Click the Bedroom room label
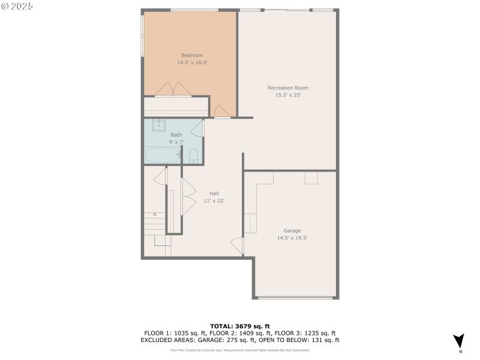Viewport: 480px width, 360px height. [x=188, y=55]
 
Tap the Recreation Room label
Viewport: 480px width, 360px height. [x=287, y=88]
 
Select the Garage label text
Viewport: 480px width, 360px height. [x=292, y=230]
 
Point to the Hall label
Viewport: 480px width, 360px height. [x=214, y=193]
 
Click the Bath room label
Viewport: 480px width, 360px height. [x=176, y=135]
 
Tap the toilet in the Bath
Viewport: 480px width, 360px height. [x=193, y=157]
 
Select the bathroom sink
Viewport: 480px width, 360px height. [x=160, y=125]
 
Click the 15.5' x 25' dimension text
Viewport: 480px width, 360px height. [x=287, y=95]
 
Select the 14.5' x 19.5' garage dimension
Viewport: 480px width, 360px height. [x=292, y=238]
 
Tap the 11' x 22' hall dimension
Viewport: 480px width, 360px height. [x=214, y=200]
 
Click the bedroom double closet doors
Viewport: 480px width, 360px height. [x=173, y=89]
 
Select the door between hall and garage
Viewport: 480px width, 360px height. [x=238, y=245]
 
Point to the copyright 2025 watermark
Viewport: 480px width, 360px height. [x=17, y=5]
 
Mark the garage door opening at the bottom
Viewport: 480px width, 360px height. [x=296, y=297]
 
